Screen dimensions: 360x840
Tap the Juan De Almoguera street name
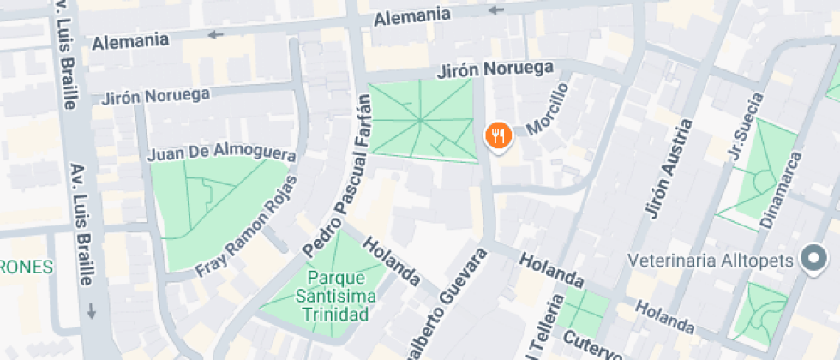[x=221, y=154]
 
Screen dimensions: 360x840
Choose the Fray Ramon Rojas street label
[x=247, y=226]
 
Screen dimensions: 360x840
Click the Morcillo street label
[x=549, y=109]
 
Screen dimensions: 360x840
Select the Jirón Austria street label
[x=667, y=168]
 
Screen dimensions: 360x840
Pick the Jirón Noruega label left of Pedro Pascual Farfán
[x=156, y=96]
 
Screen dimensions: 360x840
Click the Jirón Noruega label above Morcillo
[x=496, y=69]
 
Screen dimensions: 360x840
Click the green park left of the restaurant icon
[x=422, y=120]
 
